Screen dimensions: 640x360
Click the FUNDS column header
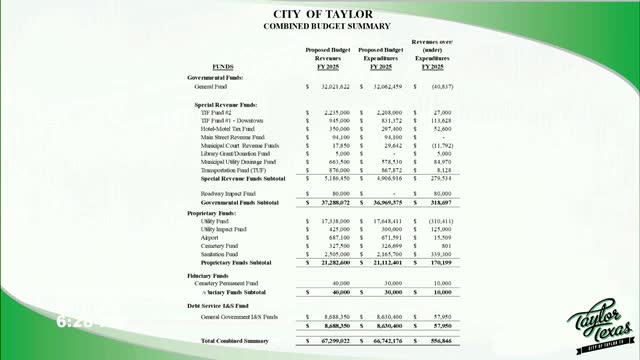210,67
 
